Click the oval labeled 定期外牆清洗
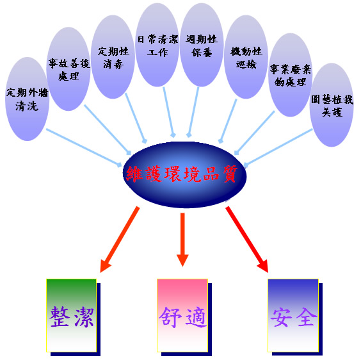27,99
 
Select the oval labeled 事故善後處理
68,69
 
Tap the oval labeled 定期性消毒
113,57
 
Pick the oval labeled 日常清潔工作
157,45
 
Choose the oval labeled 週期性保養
202,45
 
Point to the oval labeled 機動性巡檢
246,57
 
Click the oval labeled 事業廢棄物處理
291,75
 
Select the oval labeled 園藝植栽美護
332,105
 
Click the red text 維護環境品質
182,174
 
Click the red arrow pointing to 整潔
120,240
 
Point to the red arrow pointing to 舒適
182,240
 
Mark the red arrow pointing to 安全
247,240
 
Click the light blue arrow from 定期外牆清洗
84,148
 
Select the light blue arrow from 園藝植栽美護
278,148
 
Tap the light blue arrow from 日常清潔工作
169,112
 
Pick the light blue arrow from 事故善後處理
108,130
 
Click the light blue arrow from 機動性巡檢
227,121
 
